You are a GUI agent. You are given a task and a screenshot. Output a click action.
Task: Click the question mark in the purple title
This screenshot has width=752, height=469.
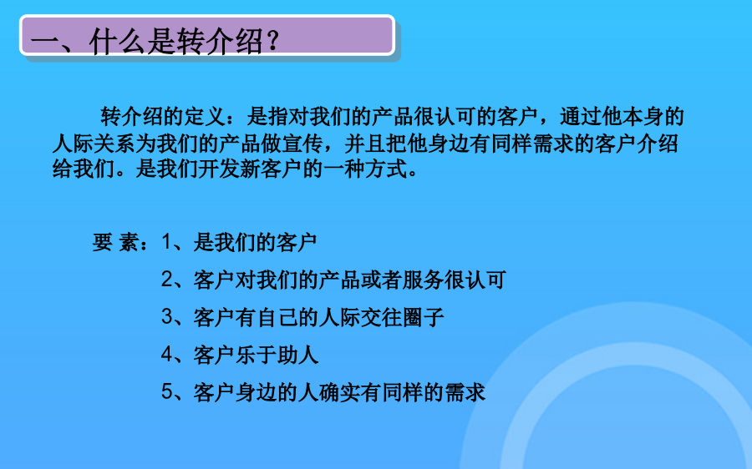point(272,41)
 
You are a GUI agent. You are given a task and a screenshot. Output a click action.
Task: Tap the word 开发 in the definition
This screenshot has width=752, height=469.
point(219,169)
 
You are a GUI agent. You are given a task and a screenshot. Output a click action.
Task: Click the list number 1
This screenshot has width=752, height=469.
point(166,242)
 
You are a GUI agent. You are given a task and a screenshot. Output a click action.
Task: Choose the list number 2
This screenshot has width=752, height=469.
point(166,280)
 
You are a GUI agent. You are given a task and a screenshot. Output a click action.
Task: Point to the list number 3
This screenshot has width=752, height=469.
point(166,316)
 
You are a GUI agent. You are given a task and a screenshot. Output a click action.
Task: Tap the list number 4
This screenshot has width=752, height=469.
point(166,355)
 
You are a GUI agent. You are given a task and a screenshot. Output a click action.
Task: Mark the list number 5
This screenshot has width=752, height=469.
point(166,392)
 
